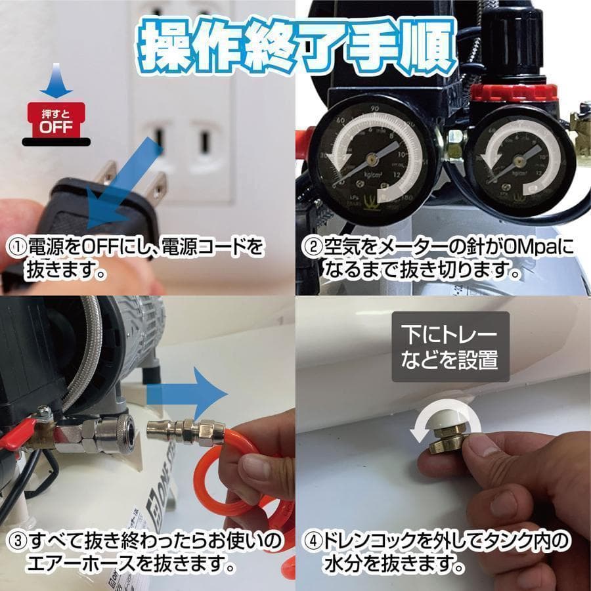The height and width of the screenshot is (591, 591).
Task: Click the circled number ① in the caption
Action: point(17,248)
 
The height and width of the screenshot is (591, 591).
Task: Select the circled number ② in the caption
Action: point(311,248)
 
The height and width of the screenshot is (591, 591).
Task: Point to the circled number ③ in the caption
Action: point(17,542)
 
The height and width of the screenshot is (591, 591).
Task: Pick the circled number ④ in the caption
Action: point(311,542)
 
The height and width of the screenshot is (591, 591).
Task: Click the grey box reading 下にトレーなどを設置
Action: point(450,347)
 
